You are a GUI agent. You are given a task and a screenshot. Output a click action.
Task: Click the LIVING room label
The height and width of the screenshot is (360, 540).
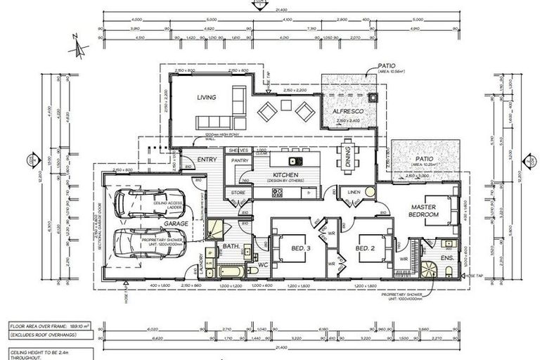tap(206, 97)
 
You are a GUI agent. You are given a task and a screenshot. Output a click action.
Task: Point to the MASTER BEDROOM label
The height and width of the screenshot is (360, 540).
tap(425, 210)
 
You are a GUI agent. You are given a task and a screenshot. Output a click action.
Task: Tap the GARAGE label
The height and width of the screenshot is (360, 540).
tap(176, 224)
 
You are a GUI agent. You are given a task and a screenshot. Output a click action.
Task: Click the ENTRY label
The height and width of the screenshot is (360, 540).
tap(207, 160)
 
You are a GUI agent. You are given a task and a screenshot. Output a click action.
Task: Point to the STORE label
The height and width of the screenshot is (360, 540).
tap(238, 192)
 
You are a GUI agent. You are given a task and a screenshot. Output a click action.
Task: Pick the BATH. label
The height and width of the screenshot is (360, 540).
tap(232, 247)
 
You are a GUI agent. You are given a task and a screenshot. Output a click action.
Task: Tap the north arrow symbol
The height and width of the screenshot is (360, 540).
tap(79, 49)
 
